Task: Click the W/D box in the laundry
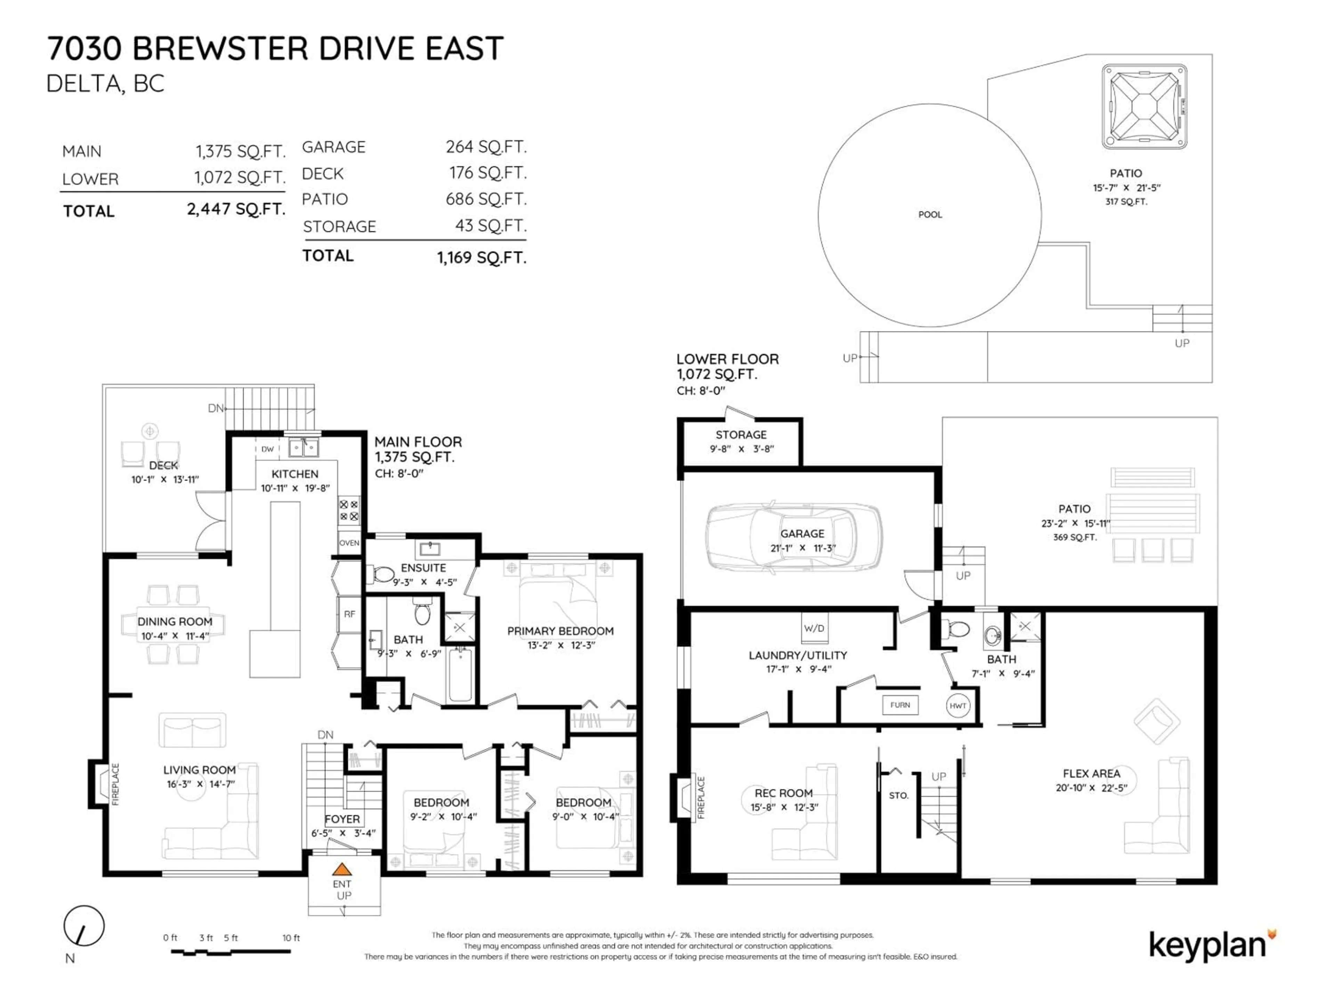click(x=814, y=628)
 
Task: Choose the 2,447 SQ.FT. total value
click(x=236, y=209)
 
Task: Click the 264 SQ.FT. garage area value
click(x=486, y=147)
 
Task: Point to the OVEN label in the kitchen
click(x=349, y=543)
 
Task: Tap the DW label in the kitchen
click(x=267, y=449)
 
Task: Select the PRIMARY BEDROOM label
click(x=560, y=631)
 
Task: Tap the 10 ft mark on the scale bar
click(x=291, y=938)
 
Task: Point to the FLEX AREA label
click(x=1091, y=774)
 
